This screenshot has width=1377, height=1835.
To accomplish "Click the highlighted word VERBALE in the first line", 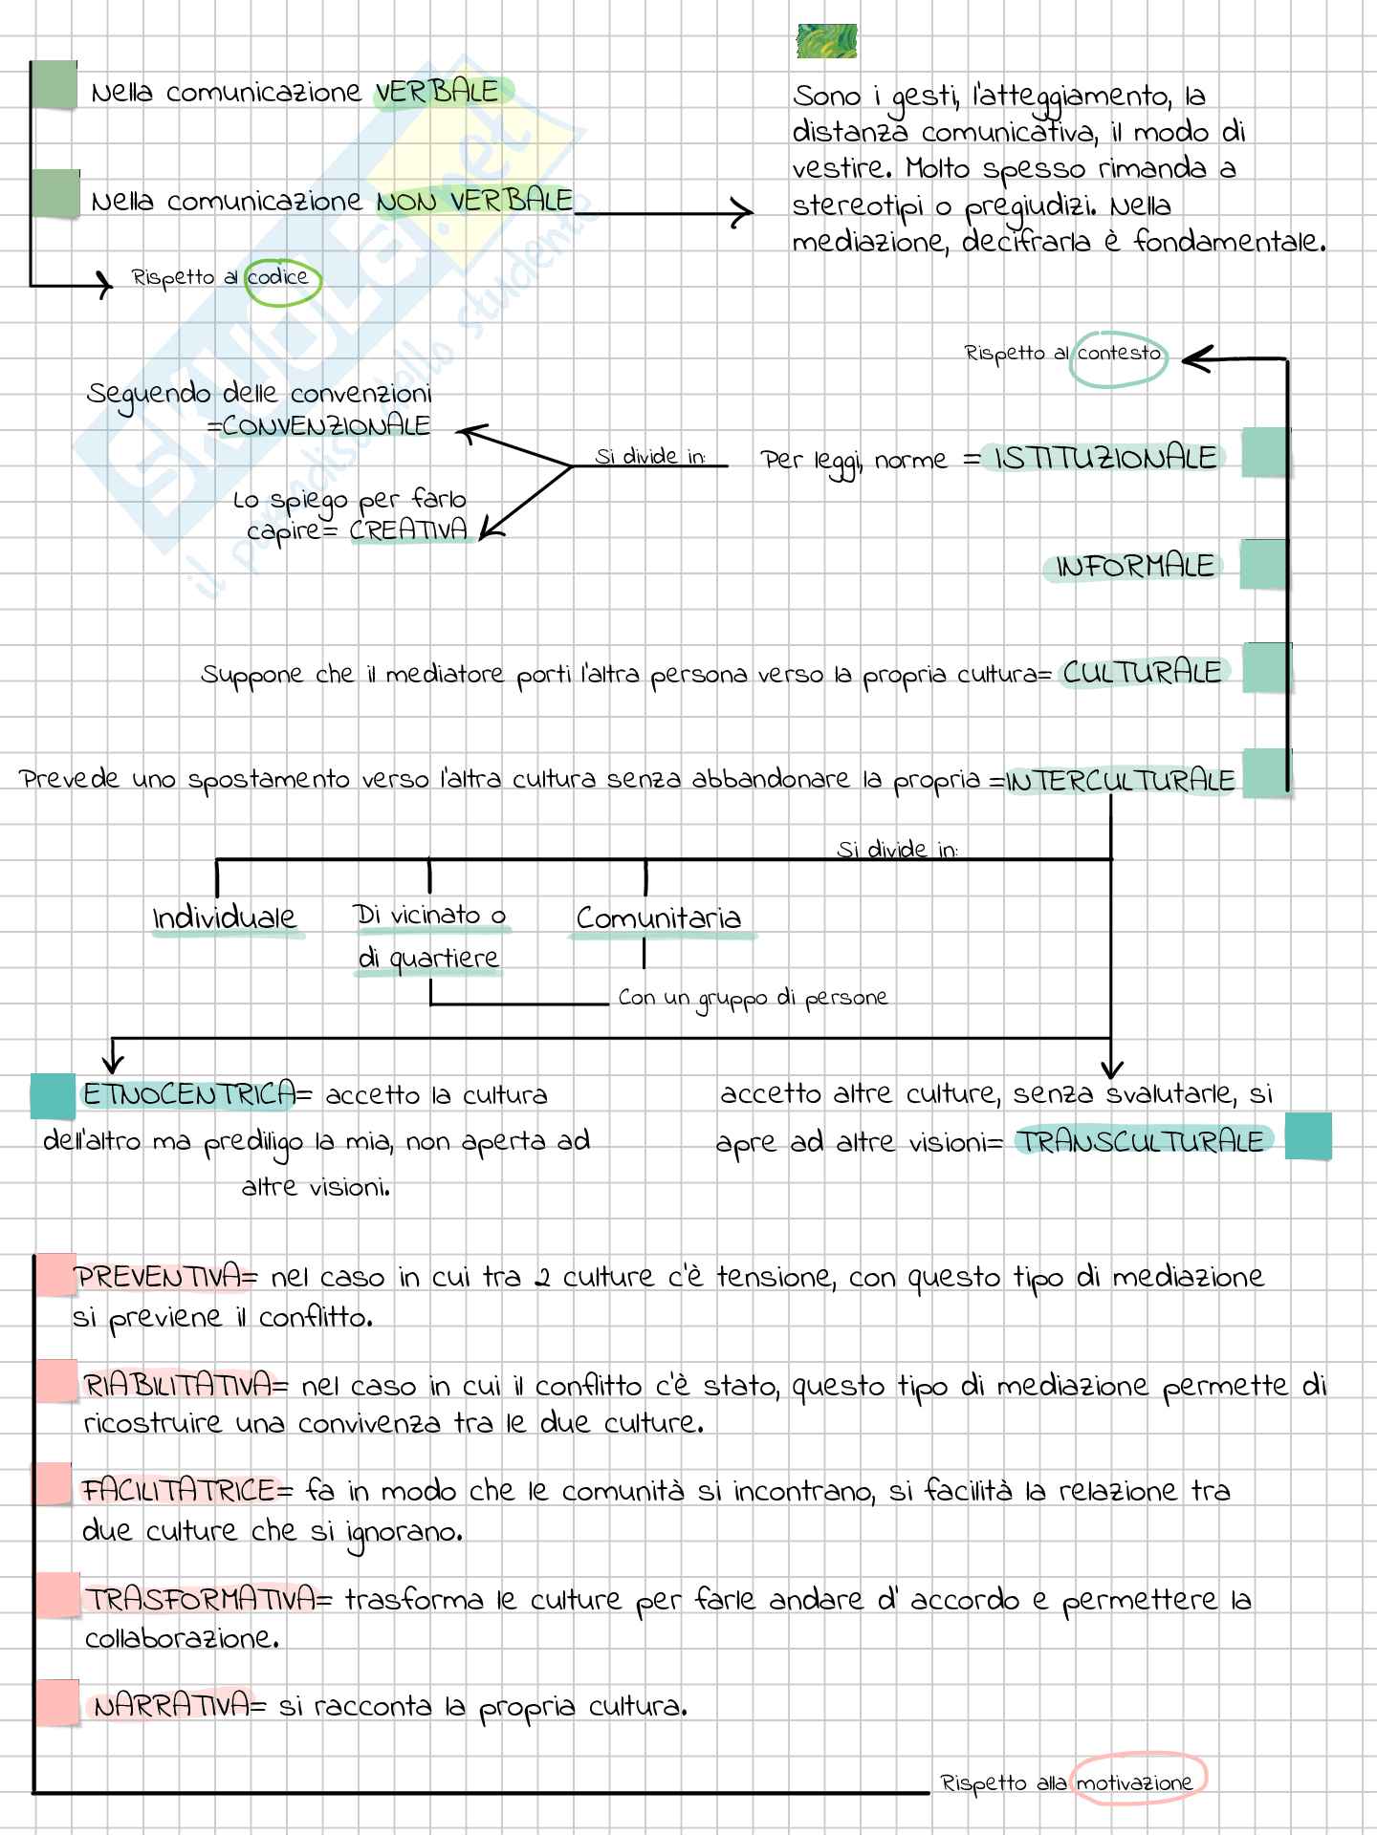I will click(437, 93).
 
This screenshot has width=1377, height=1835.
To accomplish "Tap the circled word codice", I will click(279, 278).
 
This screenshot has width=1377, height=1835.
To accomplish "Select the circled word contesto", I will click(1118, 354).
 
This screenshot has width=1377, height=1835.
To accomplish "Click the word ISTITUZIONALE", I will click(1105, 459).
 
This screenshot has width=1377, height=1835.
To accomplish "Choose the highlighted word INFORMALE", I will click(1134, 567).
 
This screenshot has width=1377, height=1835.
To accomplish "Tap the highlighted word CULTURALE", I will click(1142, 673).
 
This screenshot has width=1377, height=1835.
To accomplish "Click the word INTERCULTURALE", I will click(1121, 782).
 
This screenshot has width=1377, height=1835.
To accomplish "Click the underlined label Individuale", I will click(225, 918).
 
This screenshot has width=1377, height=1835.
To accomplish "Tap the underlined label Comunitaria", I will click(659, 918).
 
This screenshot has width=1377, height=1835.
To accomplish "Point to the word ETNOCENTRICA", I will click(188, 1095).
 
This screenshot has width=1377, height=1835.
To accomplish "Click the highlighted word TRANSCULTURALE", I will click(1140, 1141).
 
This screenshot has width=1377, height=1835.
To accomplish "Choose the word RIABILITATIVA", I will click(178, 1386).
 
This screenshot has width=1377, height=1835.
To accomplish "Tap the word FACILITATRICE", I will click(179, 1491).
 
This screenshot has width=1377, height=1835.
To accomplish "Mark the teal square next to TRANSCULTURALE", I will click(1308, 1136).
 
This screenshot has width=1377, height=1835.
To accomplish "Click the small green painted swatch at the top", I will click(826, 42).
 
